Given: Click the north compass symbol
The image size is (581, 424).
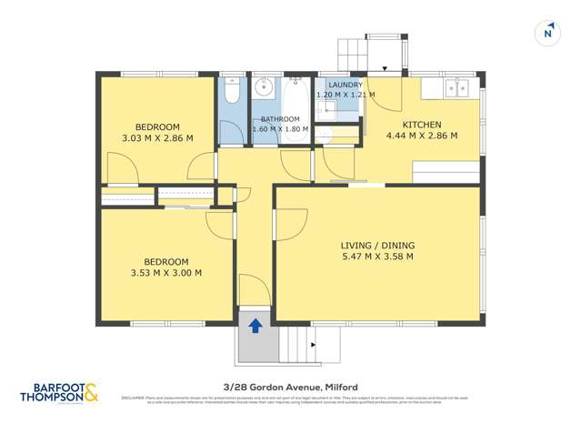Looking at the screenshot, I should click(x=546, y=32).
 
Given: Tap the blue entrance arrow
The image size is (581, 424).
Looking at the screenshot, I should click(x=255, y=324).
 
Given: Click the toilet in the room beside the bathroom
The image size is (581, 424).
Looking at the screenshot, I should click(x=231, y=95).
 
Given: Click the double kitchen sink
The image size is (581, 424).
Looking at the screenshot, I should click(x=456, y=87).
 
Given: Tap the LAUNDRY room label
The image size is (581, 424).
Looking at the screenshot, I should click(x=339, y=85).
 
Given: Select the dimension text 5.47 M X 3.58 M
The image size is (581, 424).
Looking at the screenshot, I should click(x=376, y=257).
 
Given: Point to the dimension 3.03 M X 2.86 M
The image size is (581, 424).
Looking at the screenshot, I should click(x=157, y=138).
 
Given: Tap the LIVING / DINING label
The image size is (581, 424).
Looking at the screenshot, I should click(x=376, y=245).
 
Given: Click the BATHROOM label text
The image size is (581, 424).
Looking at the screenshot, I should click(x=280, y=119).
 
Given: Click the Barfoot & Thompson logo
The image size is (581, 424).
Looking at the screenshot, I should click(x=58, y=394).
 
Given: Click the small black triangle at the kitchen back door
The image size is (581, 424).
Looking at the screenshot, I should click(x=385, y=68).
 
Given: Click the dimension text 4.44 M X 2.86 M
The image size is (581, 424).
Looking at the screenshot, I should click(x=422, y=136).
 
